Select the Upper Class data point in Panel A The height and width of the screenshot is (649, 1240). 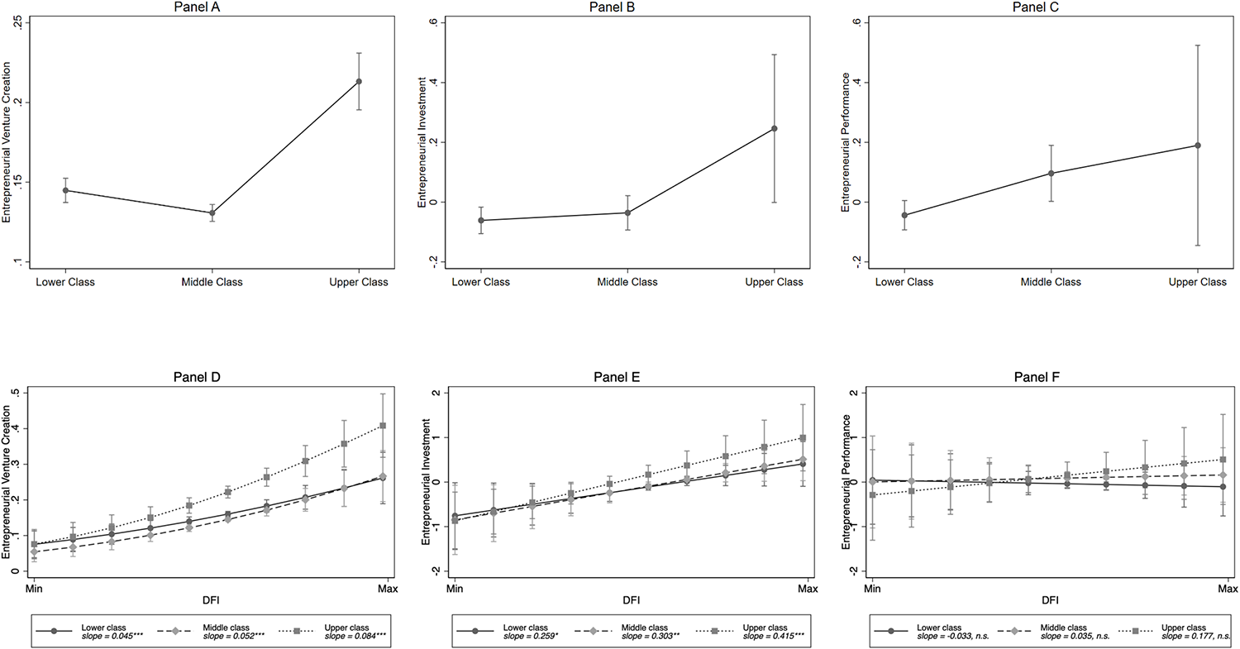click(358, 81)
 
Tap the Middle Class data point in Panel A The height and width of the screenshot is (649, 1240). click(212, 213)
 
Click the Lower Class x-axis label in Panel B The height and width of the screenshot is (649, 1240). click(480, 282)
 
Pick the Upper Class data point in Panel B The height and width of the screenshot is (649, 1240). click(775, 128)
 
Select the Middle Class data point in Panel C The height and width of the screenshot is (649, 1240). click(1051, 173)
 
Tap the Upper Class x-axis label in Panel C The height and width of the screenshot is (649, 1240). click(1197, 282)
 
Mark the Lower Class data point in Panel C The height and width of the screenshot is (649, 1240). click(904, 215)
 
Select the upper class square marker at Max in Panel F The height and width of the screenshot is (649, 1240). click(1222, 460)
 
